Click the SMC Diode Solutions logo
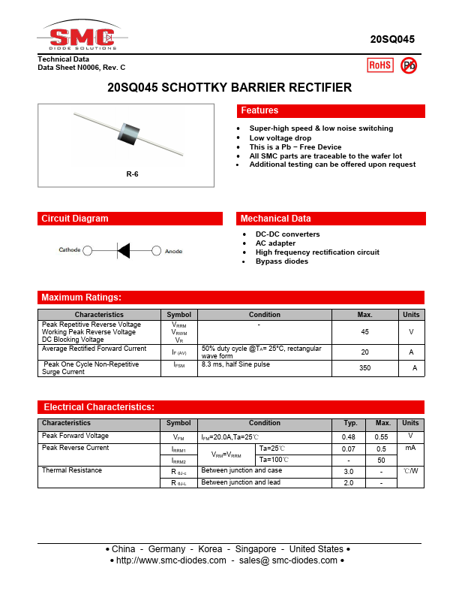click(80, 37)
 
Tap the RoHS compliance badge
click(379, 65)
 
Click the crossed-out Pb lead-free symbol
click(409, 65)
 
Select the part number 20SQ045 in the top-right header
click(392, 39)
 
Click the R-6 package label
click(132, 174)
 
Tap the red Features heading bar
click(331, 111)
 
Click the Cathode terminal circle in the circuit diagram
click(88, 250)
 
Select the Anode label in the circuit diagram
click(174, 251)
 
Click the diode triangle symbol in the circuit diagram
click(124, 250)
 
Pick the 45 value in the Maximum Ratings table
click(364, 331)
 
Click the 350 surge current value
click(364, 368)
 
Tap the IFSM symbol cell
click(178, 364)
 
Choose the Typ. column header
click(349, 423)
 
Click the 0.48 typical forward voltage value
click(349, 436)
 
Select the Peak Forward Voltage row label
click(75, 436)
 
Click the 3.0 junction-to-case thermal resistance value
click(349, 471)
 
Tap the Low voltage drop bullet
click(280, 138)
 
